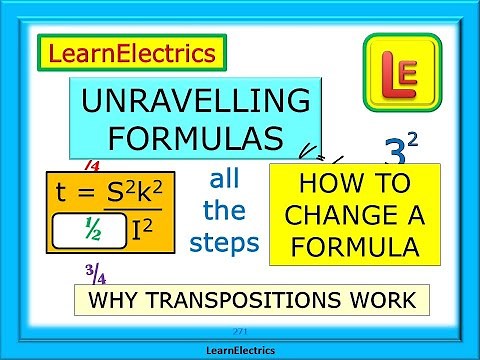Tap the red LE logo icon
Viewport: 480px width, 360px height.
[x=402, y=70]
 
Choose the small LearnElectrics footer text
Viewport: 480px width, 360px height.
[x=239, y=350]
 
